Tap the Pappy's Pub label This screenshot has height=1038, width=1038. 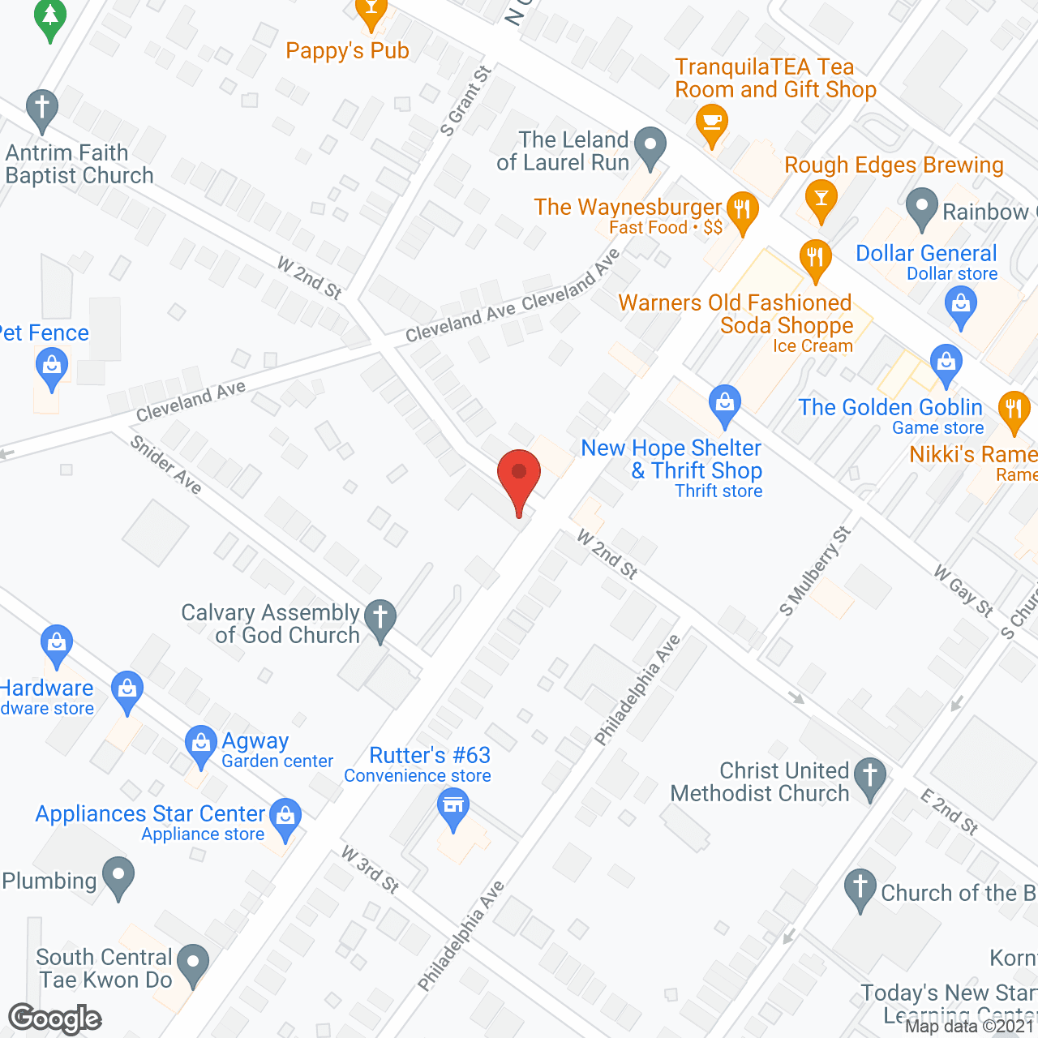point(347,50)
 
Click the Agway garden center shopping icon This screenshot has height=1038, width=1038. point(200,744)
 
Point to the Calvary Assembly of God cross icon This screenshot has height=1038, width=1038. point(380,619)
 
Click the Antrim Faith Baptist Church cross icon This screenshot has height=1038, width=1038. point(41,109)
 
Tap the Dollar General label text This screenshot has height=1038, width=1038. point(926,253)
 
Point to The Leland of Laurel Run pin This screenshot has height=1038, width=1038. point(649,147)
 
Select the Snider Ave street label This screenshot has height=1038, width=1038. point(166,464)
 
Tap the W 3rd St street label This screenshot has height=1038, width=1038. point(370,869)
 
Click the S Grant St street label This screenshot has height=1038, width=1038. point(465,101)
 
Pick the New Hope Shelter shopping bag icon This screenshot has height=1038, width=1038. point(724,403)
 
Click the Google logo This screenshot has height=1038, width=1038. point(55,1019)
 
